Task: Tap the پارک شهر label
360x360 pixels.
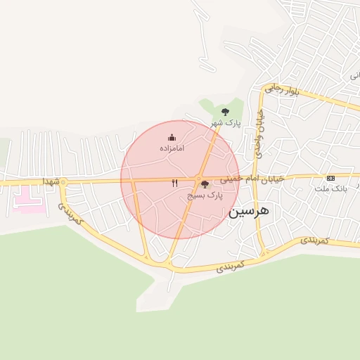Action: [226, 124]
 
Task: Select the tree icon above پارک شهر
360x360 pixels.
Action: [225, 111]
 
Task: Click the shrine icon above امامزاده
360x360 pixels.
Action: [172, 137]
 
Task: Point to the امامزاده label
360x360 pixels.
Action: [172, 149]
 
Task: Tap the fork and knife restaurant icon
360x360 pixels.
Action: [174, 182]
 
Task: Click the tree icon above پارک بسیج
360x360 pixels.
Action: [205, 184]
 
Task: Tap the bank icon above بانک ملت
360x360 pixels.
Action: [330, 179]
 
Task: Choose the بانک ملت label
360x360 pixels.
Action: [338, 189]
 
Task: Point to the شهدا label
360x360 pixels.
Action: [50, 181]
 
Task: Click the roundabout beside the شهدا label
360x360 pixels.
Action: [63, 183]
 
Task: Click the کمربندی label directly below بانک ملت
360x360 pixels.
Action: [314, 240]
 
